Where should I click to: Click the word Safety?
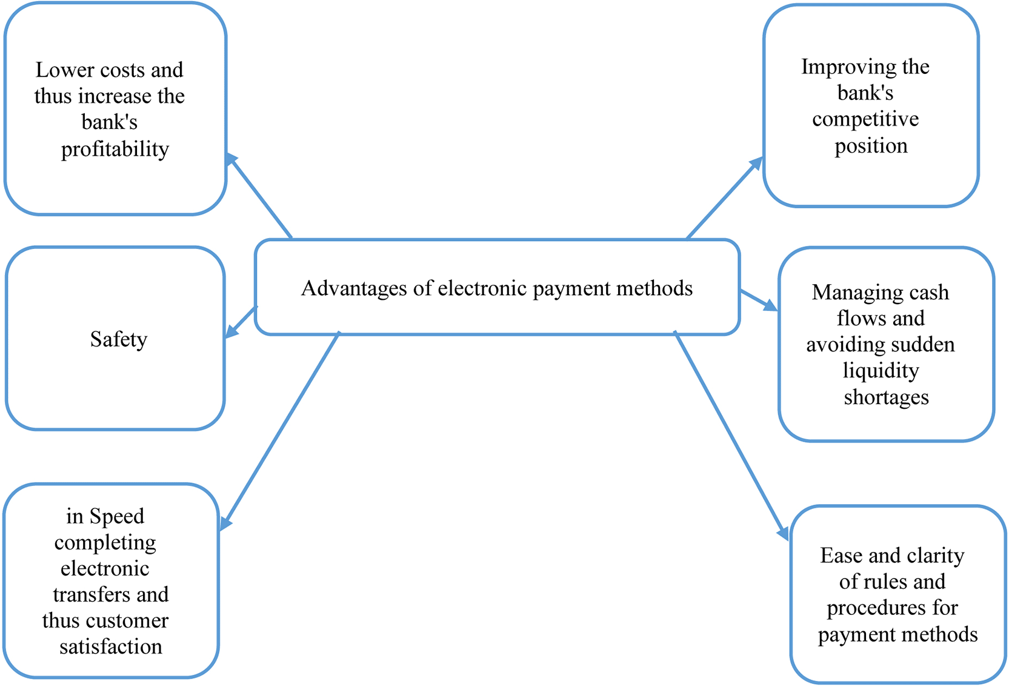tap(118, 339)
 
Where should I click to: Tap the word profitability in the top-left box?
tap(115, 149)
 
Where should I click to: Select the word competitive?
tap(865, 119)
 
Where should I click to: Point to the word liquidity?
tap(881, 371)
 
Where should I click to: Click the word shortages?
tap(886, 397)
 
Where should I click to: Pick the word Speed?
tap(117, 516)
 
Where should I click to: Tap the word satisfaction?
tap(111, 647)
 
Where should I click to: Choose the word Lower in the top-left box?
tap(56, 70)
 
